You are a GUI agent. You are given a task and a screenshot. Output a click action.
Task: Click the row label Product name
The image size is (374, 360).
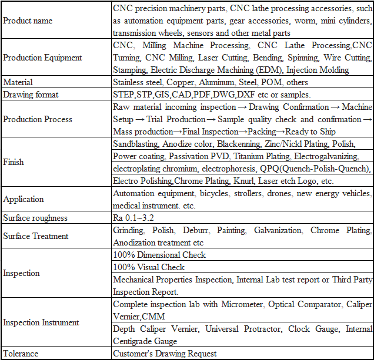pos(28,21)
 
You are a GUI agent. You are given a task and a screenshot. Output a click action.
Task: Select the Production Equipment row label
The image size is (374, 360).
pos(42,58)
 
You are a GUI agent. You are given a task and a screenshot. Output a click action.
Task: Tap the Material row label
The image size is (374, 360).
pos(18,82)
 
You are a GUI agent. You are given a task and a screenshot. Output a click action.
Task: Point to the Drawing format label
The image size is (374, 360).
pos(31,95)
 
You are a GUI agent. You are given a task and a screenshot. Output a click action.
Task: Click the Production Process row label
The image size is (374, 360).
pos(38,119)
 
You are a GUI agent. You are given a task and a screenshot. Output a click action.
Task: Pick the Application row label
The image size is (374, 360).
pos(24,199)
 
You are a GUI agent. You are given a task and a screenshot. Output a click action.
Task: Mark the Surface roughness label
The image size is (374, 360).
pos(35,218)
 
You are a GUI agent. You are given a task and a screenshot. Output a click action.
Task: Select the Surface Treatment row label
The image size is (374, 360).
pos(36,236)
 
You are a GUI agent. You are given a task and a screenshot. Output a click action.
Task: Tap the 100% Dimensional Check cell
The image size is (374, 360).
pos(159,255)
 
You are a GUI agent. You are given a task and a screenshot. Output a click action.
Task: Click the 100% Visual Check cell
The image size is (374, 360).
pos(149,267)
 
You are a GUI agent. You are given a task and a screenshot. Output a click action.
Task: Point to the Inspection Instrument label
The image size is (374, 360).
pos(41,322)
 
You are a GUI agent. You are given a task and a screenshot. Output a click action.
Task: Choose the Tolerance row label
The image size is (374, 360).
pos(21,354)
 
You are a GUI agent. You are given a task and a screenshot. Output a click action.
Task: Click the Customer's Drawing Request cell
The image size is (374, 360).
pos(165,354)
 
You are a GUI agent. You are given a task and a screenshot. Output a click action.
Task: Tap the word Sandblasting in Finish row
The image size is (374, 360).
pos(135,144)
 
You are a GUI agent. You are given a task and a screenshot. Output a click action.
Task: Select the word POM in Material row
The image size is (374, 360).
pos(272,82)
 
